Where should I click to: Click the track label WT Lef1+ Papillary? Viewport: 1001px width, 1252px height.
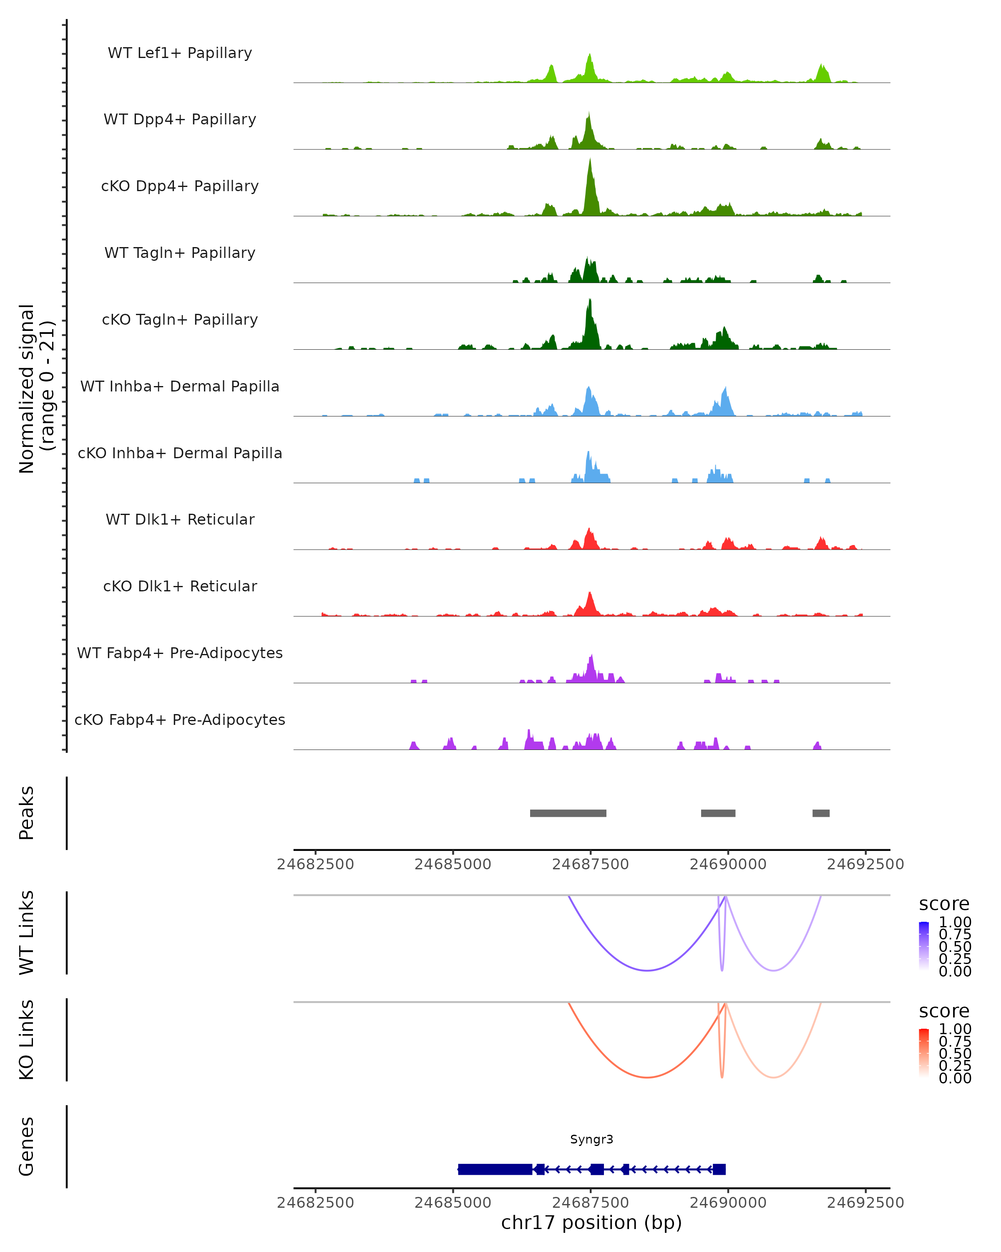tap(180, 53)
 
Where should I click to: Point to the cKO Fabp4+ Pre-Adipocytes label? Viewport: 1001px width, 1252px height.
tap(180, 719)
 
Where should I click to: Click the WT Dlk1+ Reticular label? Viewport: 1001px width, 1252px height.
tap(180, 520)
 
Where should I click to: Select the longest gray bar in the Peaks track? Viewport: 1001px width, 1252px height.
tap(568, 813)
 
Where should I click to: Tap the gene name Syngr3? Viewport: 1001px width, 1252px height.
tap(591, 1139)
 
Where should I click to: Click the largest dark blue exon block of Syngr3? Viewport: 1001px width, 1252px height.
tap(495, 1169)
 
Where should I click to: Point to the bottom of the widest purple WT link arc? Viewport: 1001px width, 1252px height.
tap(647, 970)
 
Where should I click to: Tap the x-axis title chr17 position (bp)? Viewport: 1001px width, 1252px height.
tap(591, 1223)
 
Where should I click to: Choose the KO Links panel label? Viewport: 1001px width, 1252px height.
tap(27, 1040)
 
